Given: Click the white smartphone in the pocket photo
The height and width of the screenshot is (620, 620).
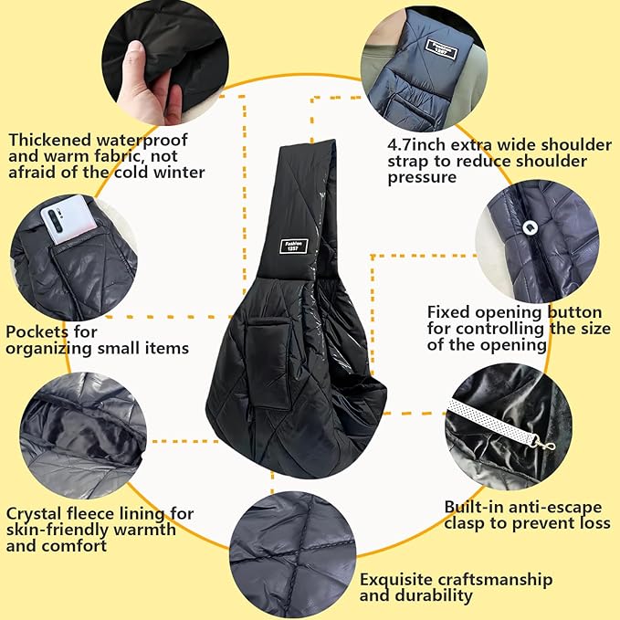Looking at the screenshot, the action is [x=68, y=218].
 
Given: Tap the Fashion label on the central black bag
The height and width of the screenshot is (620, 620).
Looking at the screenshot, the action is [x=294, y=246].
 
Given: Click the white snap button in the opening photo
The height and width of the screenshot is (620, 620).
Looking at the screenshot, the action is [x=529, y=227].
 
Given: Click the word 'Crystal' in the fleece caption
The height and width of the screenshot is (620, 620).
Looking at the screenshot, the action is [x=34, y=514].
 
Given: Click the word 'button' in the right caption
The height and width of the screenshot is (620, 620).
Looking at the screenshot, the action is [x=574, y=312].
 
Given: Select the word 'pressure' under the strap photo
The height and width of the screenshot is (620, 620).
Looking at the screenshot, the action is [x=422, y=177].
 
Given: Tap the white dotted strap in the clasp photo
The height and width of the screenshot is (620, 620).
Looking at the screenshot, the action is [x=493, y=419].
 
